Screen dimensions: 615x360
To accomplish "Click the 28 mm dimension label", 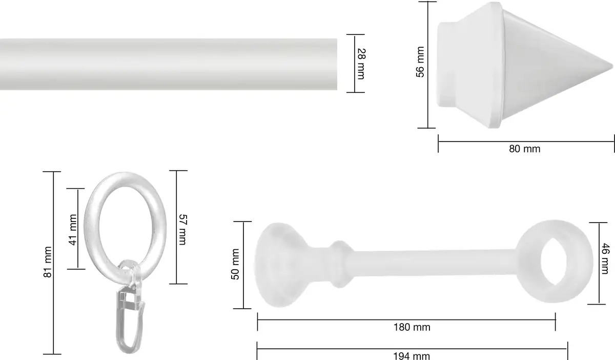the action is [x=362, y=64].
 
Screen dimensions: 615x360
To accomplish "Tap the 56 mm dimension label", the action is [x=420, y=62].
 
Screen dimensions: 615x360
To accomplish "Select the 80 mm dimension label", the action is [x=525, y=149].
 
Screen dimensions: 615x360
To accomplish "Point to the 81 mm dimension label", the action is [x=48, y=262].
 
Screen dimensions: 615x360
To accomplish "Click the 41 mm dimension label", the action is [x=72, y=230].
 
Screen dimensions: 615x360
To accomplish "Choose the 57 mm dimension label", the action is [x=183, y=230].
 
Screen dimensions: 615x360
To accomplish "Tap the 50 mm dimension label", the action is [x=235, y=265].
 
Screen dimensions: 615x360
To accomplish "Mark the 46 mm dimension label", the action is [x=606, y=258].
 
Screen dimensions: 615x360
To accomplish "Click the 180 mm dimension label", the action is [x=412, y=327].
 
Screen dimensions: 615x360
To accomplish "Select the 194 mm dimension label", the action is [x=412, y=356].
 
